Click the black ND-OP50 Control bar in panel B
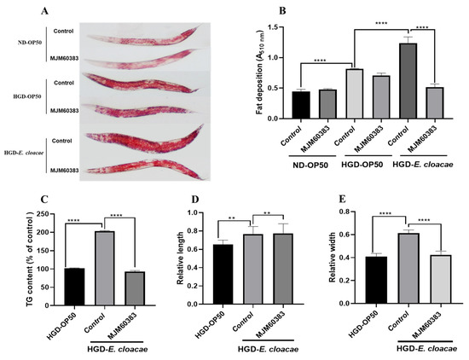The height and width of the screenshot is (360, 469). click(300, 104)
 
